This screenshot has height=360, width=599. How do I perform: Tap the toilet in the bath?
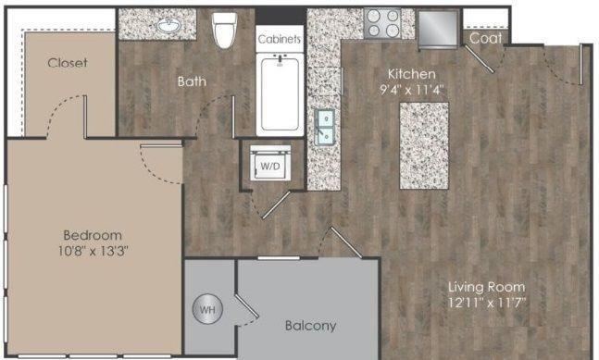(x=225, y=30)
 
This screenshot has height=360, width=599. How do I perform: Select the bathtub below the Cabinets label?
(x=280, y=94)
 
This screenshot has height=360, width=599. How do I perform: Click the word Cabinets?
(x=280, y=39)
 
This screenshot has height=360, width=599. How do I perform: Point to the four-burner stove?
(x=381, y=23)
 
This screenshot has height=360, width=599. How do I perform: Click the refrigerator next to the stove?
(x=438, y=28)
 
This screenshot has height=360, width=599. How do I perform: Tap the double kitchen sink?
(x=325, y=127)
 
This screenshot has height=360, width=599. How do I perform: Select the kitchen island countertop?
(x=424, y=145)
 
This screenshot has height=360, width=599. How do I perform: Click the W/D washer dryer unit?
(x=270, y=163)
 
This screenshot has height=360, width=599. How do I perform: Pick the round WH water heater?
(x=207, y=309)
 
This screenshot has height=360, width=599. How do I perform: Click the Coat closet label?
(x=485, y=38)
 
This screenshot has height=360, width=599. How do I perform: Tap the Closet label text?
(x=68, y=63)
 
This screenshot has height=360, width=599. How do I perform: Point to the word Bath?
(x=192, y=81)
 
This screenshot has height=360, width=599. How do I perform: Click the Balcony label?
(x=310, y=326)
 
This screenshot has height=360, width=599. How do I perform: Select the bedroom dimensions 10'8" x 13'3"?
(x=93, y=251)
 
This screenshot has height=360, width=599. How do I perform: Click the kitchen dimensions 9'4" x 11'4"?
(x=412, y=90)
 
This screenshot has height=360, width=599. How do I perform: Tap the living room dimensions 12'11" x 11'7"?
(x=487, y=303)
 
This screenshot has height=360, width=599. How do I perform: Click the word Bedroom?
(x=93, y=235)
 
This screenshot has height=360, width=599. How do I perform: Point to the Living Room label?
(x=486, y=287)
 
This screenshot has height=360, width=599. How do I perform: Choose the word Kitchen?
(x=411, y=74)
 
